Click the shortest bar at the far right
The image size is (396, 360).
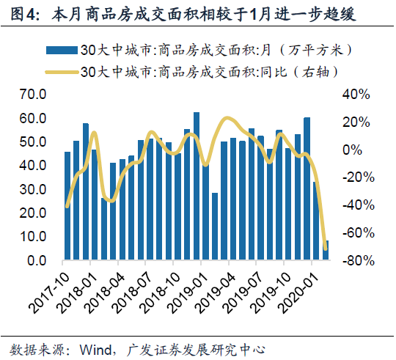(326, 250)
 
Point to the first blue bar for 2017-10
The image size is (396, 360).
(67, 206)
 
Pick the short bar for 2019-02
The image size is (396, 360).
(215, 227)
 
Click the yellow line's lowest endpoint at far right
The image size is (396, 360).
(326, 248)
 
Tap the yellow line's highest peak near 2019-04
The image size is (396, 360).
(227, 118)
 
